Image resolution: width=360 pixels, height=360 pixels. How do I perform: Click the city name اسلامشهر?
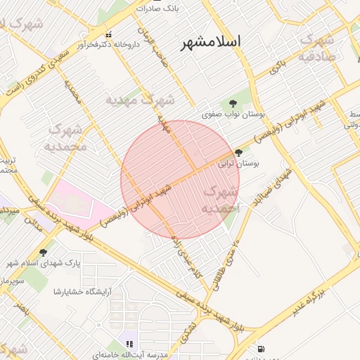coord(211,41)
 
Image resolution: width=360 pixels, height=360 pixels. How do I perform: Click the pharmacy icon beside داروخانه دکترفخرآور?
coord(108,34)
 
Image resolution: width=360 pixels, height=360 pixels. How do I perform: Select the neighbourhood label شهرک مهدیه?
coord(139,101)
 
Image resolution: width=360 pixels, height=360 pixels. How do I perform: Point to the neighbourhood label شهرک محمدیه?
coord(65,138)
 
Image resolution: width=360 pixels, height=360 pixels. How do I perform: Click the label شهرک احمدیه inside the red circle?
coord(221,200)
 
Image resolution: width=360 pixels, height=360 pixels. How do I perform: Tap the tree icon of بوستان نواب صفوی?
coord(233,103)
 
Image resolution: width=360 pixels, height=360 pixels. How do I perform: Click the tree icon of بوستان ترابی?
coord(239,152)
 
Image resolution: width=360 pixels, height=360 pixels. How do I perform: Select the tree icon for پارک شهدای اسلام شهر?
coord(44,252)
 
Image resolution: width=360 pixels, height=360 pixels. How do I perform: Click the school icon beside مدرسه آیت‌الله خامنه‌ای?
coord(129,344)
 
